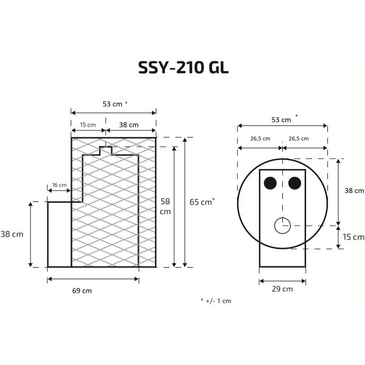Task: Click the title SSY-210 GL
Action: [182, 67]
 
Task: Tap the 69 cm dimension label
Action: [82, 290]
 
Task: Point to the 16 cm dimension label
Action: [59, 185]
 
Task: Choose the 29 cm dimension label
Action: [283, 288]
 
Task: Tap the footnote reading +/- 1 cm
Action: [216, 301]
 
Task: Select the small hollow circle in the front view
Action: [283, 225]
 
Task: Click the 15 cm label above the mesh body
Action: [88, 125]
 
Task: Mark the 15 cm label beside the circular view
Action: [353, 237]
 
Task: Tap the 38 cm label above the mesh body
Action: [128, 125]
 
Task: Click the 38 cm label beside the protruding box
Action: [12, 234]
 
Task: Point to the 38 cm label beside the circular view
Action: [353, 190]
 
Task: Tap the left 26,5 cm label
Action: [260, 138]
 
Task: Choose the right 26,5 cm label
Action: [299, 138]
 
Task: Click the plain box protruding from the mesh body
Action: [60, 234]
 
